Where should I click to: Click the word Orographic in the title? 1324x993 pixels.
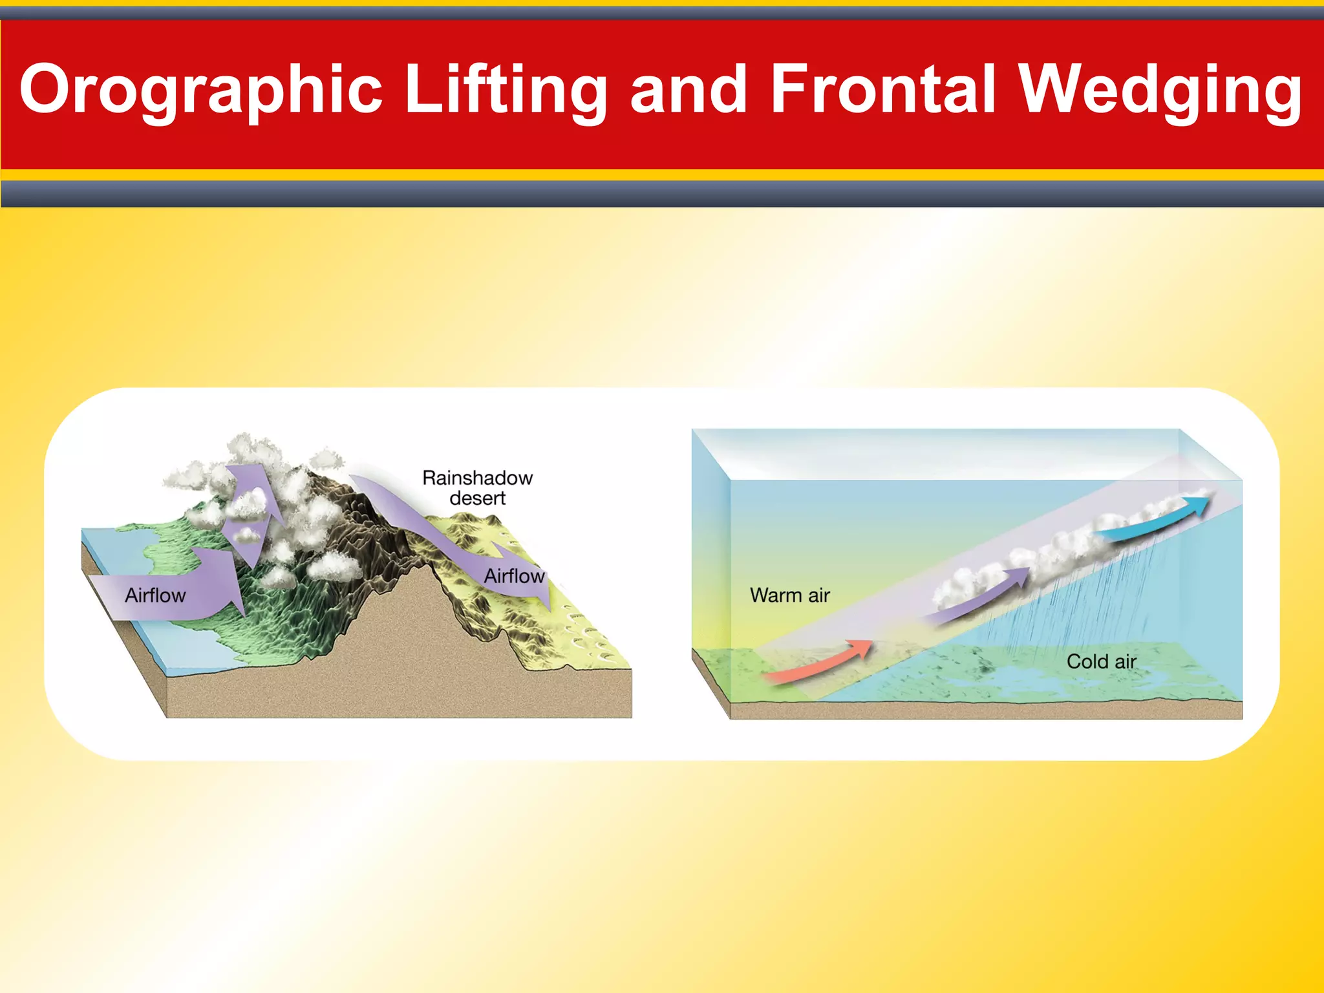[x=200, y=89]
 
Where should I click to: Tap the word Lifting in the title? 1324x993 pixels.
[x=506, y=89]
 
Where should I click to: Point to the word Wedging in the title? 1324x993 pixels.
[x=1160, y=89]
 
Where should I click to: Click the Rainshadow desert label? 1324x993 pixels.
[x=477, y=488]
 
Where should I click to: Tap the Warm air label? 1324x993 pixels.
[x=789, y=595]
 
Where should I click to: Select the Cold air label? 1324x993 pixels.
[x=1101, y=661]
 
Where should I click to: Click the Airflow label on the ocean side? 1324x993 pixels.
[x=155, y=595]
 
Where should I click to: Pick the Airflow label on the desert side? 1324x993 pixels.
[x=514, y=576]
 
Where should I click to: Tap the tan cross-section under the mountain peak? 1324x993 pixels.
[x=401, y=646]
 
